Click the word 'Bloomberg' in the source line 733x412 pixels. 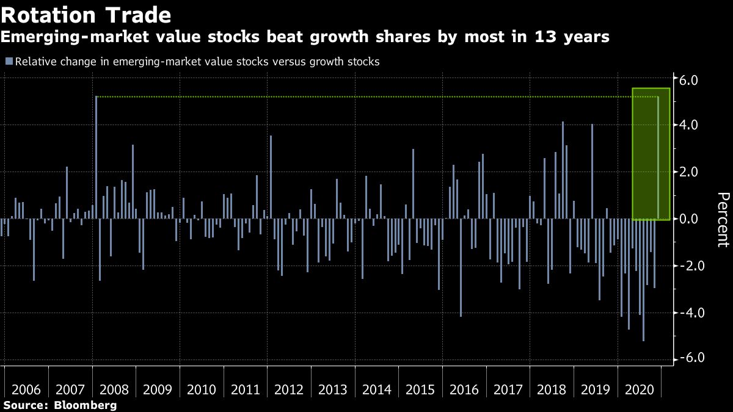pyautogui.click(x=85, y=405)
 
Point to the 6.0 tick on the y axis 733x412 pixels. pyautogui.click(x=689, y=79)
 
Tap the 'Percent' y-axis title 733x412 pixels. pyautogui.click(x=723, y=219)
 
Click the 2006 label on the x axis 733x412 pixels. pyautogui.click(x=27, y=389)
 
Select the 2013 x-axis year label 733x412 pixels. pyautogui.click(x=333, y=389)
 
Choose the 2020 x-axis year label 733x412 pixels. pyautogui.click(x=639, y=389)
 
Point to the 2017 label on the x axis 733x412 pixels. pyautogui.click(x=508, y=389)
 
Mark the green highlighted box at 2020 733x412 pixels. pyautogui.click(x=651, y=154)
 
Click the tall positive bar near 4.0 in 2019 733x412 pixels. pyautogui.click(x=592, y=172)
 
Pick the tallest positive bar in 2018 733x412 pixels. pyautogui.click(x=563, y=170)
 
